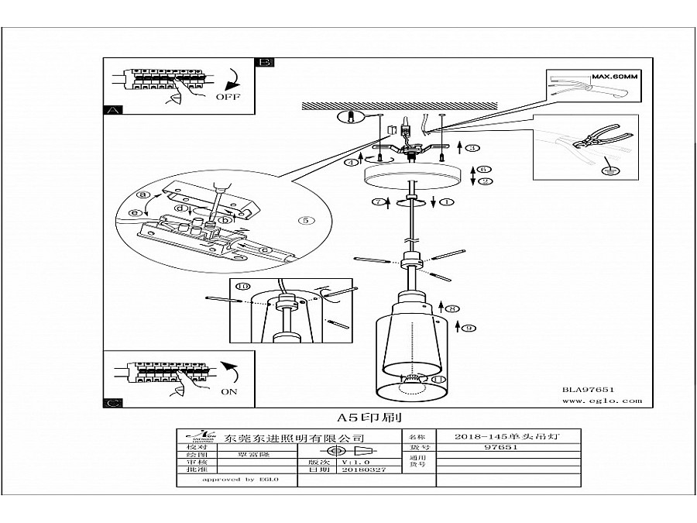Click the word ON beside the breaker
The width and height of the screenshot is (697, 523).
click(228, 391)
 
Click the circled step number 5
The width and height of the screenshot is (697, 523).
click(306, 220)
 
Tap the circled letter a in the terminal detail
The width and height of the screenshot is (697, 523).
click(143, 194)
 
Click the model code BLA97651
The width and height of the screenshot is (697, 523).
click(587, 391)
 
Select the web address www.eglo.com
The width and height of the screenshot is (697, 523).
click(601, 401)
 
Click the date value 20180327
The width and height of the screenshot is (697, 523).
click(357, 470)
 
